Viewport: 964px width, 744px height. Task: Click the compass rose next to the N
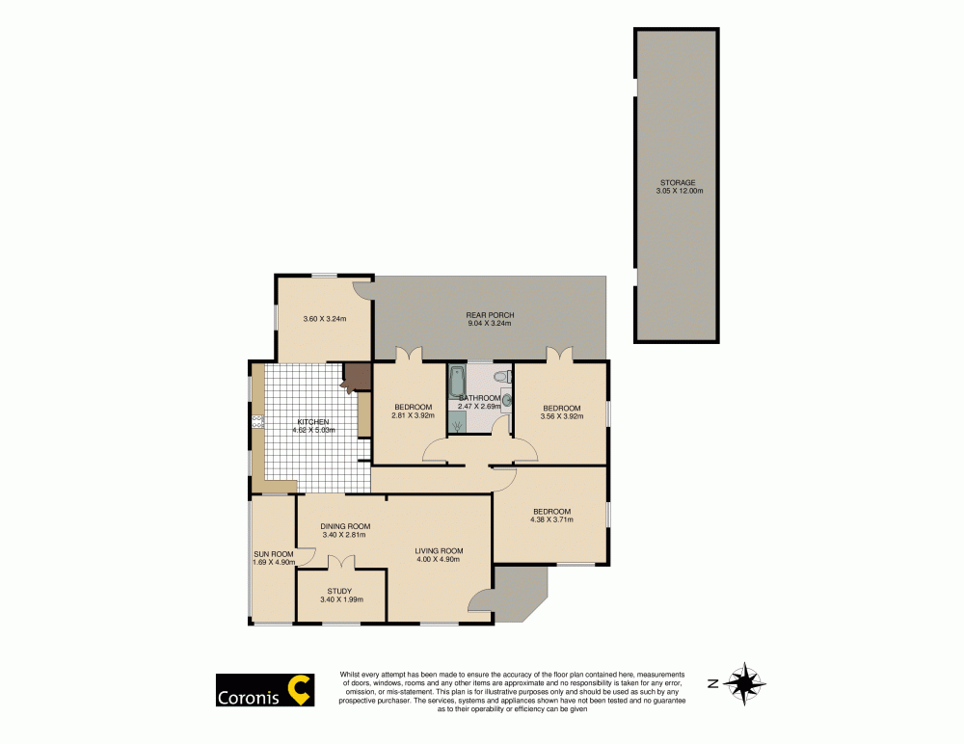[744, 683]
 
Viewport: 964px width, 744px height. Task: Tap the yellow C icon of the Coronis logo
[301, 690]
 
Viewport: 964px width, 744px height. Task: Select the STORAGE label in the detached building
[677, 182]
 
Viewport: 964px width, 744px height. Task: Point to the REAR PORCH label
[490, 315]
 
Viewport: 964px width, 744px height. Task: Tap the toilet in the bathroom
[499, 377]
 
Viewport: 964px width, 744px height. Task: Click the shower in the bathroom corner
[457, 421]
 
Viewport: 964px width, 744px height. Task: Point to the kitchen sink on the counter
[257, 421]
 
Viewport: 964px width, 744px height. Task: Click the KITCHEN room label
[313, 422]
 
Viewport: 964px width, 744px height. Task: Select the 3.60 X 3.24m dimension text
[324, 319]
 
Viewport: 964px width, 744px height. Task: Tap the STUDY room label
[339, 591]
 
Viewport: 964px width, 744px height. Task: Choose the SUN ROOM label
[273, 554]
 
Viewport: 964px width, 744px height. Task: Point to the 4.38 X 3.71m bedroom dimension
[551, 520]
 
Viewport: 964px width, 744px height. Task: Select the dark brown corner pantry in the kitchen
[356, 376]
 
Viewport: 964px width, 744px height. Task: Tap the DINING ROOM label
[345, 526]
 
